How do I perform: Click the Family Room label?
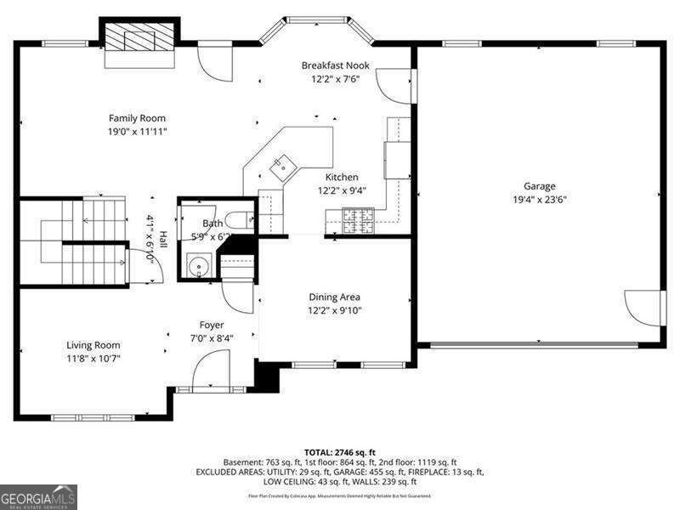pos(137,118)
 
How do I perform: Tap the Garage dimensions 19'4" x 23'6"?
pos(539,200)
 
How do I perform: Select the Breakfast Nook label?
pos(336,65)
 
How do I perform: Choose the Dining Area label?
pos(334,297)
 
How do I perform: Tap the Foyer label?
pos(212,325)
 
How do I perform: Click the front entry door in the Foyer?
pos(211,373)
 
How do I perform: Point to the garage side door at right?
pos(643,308)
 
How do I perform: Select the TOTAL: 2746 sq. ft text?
pos(340,452)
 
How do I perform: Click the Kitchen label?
pos(342,177)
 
